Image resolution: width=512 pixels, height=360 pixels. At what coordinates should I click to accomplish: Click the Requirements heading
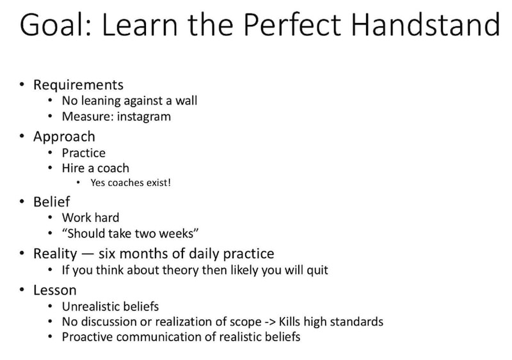tap(78, 85)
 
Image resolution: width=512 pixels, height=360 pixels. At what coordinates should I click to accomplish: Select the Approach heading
tap(64, 136)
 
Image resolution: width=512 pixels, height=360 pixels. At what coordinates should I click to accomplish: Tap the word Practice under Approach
tap(84, 153)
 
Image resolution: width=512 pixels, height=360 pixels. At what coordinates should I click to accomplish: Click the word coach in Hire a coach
tap(113, 168)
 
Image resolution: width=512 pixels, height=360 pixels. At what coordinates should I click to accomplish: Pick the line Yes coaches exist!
tap(131, 183)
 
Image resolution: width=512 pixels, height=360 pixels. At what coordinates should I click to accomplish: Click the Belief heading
tap(51, 202)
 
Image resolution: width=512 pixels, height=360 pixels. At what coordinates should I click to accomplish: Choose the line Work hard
tap(90, 218)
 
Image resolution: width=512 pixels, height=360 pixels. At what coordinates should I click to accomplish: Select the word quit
tap(317, 270)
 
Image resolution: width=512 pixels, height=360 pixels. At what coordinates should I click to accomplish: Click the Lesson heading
tap(55, 290)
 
